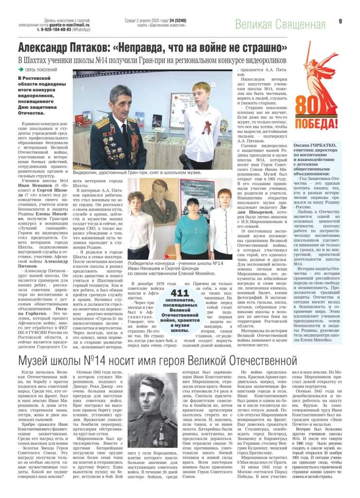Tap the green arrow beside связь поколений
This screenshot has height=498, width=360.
coord(20,70)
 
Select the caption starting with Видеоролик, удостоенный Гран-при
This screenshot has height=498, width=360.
coord(130,173)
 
